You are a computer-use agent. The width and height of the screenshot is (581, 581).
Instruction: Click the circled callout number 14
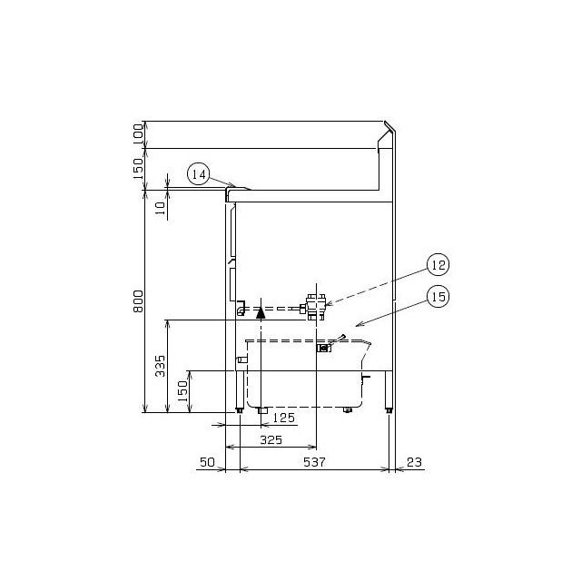[199, 174]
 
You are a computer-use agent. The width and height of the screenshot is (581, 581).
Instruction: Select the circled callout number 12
[438, 264]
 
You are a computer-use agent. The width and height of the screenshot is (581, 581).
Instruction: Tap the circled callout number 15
[438, 297]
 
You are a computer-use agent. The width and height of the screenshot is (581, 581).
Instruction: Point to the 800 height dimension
[138, 300]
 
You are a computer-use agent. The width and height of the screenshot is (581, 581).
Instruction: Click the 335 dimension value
[160, 366]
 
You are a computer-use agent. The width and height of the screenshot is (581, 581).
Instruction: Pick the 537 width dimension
[314, 462]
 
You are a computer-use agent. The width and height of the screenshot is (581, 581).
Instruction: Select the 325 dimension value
[271, 439]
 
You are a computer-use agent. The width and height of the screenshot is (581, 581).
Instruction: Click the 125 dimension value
[284, 418]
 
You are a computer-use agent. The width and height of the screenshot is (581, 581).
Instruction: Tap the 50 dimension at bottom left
[207, 462]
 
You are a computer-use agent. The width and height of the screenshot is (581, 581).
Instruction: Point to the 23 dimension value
[414, 462]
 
